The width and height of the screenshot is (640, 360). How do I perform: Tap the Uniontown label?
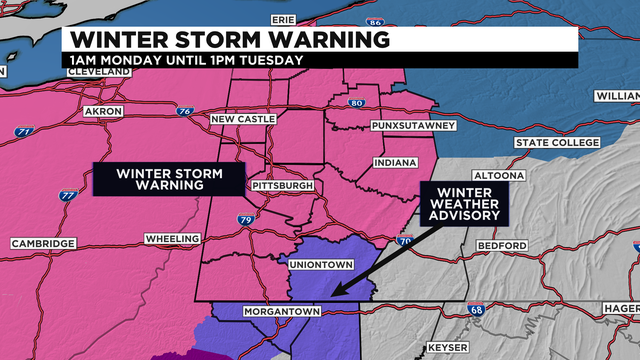(318, 265)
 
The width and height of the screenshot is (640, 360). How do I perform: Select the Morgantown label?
(282, 312)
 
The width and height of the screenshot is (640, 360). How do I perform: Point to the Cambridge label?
(43, 244)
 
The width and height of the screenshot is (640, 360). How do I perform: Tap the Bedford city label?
(501, 246)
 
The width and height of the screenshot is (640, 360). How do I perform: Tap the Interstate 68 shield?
(477, 311)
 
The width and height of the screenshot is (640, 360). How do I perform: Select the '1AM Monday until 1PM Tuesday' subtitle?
(185, 60)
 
